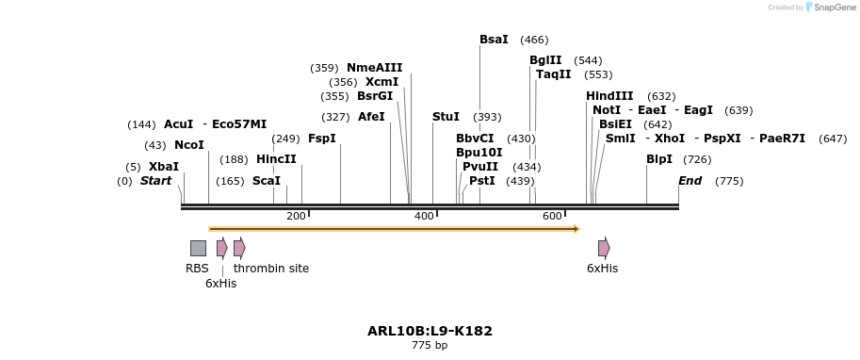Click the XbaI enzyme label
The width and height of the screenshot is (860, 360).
click(163, 167)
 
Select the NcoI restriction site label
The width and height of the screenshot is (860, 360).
click(188, 145)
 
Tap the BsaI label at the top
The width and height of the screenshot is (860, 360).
click(494, 40)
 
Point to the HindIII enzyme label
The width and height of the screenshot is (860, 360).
click(609, 96)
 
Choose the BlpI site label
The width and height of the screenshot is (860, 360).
click(658, 159)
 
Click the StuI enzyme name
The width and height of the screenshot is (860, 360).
click(446, 117)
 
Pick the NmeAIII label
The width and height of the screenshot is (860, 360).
click(374, 68)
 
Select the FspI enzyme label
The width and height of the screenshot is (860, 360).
click(321, 139)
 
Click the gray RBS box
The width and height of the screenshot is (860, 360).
click(198, 248)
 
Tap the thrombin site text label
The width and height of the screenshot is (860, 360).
click(271, 269)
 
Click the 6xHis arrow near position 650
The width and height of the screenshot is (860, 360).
click(604, 248)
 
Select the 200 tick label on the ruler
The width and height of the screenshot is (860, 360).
click(296, 217)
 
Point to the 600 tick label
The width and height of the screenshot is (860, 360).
click(552, 217)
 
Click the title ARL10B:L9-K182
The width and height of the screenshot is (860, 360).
click(430, 332)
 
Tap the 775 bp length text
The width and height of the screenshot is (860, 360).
click(430, 346)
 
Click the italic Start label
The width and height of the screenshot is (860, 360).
click(155, 181)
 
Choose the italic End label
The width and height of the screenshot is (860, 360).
click(690, 181)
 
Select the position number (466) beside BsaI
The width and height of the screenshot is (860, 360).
click(534, 40)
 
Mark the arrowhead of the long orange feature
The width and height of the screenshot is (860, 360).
click(575, 228)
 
